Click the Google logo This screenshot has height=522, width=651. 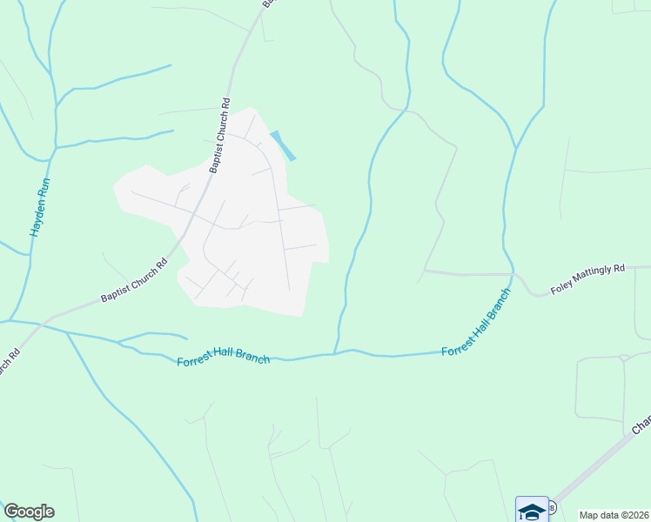(29, 512)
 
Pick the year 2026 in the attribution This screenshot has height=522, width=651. (638, 515)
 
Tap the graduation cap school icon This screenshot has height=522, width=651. (532, 510)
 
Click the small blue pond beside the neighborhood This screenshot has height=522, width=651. (283, 145)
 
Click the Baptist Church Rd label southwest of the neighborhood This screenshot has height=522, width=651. (133, 282)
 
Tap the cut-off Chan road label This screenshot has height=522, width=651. (641, 425)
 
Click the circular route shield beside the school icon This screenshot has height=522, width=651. (552, 507)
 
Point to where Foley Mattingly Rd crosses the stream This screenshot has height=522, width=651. (513, 274)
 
